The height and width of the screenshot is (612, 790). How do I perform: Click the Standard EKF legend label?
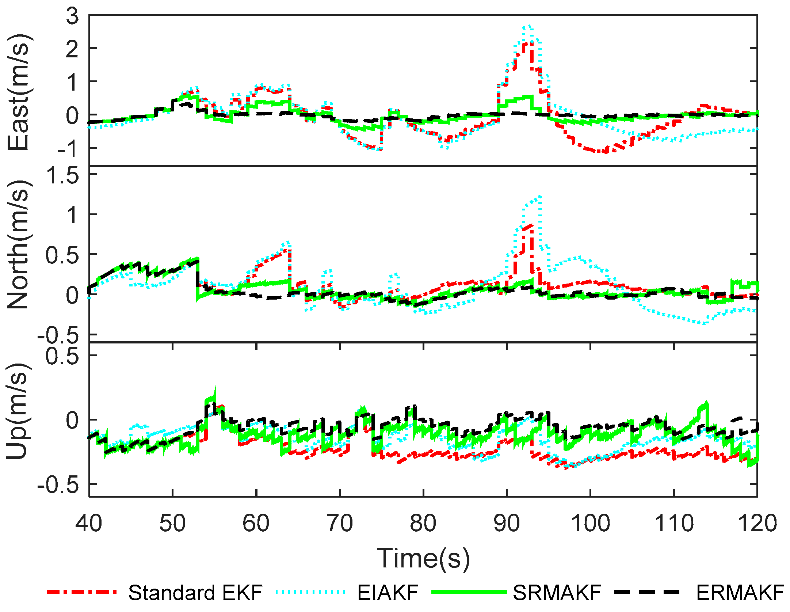pos(195,592)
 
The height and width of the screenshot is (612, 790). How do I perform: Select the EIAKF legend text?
pos(388,592)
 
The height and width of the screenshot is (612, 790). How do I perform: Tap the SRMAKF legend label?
pos(557,592)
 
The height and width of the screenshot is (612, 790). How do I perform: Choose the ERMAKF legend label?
pos(740,592)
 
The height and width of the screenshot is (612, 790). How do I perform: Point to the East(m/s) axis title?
pos(18,92)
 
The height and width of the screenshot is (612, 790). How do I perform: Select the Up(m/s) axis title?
pos(18,411)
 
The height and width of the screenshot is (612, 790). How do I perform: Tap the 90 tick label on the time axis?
pos(507,523)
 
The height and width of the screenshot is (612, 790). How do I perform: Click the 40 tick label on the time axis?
pos(89,523)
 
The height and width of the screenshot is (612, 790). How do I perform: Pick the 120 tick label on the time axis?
pos(757,523)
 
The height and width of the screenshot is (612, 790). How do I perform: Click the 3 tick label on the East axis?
pos(72,16)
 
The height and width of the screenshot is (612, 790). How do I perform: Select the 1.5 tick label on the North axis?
pos(62,175)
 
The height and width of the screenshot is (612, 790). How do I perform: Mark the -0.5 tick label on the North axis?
pos(58,335)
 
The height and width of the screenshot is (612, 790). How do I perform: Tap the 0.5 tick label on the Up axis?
pos(62,356)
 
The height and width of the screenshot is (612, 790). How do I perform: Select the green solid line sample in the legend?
pos(469,592)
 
